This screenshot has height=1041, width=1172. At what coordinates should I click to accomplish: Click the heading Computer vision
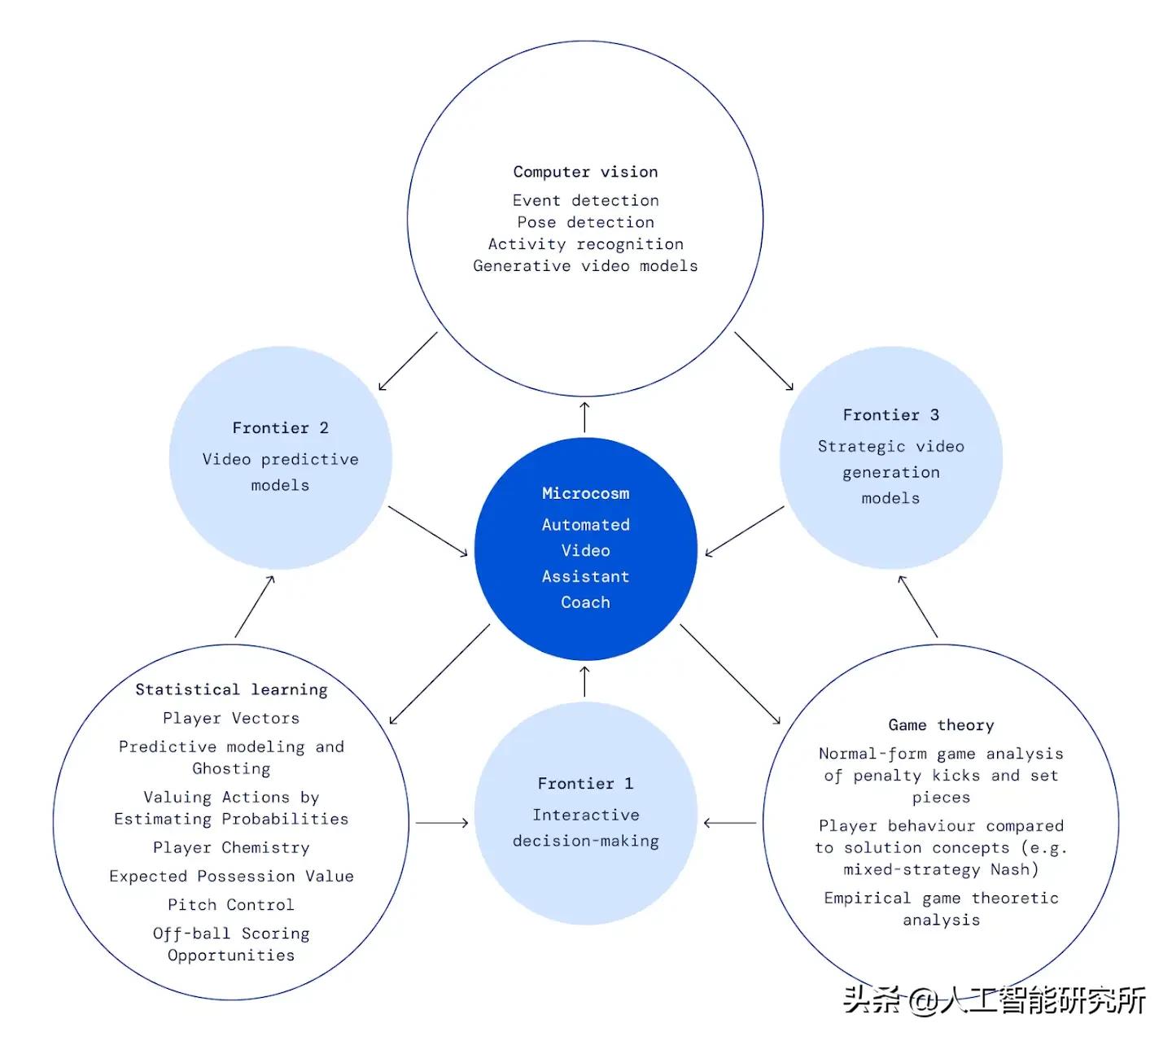point(585,172)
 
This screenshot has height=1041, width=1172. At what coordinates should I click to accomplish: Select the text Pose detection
point(585,222)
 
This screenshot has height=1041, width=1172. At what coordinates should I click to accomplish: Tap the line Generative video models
point(585,266)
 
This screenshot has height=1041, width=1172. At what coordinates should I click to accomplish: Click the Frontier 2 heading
point(280,428)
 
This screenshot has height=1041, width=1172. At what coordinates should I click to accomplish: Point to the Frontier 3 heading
point(890,415)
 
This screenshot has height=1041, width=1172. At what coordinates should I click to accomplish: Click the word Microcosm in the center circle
point(585,493)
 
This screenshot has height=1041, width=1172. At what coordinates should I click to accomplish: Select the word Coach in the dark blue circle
point(585,602)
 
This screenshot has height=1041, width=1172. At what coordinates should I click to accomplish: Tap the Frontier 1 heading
point(585,784)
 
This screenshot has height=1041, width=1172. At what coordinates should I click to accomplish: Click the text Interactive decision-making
point(585,828)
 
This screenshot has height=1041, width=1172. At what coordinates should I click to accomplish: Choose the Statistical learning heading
point(231,689)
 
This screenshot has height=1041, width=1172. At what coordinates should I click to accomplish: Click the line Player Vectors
point(231,718)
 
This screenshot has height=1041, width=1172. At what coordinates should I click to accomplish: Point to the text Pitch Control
point(231,904)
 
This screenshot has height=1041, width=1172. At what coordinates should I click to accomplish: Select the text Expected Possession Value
point(231,876)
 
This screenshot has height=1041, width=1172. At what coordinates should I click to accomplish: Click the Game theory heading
point(941,725)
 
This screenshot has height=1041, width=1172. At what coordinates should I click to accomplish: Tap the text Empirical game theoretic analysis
point(941,908)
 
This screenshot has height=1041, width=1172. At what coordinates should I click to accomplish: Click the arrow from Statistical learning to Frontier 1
point(442,823)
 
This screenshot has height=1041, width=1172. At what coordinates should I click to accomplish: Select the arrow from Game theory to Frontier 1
point(730,823)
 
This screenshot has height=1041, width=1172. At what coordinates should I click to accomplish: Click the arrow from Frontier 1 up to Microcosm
point(584,681)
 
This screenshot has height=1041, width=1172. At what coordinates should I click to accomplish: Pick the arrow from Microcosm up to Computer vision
point(584,416)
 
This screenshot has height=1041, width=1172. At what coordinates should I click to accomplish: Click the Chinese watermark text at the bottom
point(994,999)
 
